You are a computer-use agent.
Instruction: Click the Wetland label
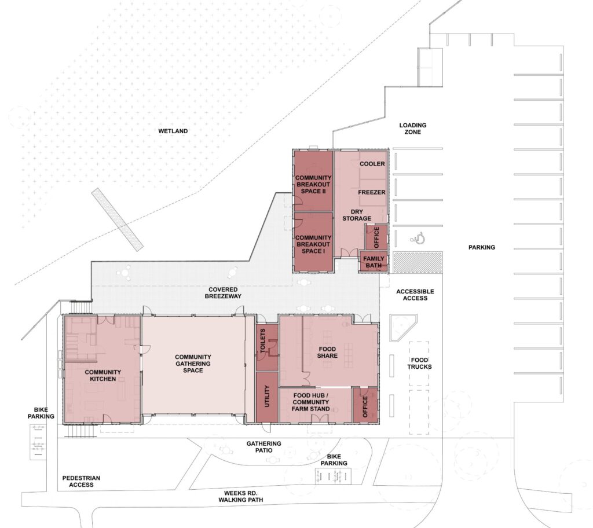[x=173, y=131]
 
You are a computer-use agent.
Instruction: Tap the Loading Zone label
[x=412, y=129]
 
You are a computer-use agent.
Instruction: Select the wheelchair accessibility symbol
[x=418, y=239]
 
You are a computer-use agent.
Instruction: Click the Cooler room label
[x=372, y=164]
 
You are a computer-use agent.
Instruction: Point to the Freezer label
[x=372, y=192]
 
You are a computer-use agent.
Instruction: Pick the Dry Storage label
[x=357, y=215]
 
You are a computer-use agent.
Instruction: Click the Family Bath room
[x=374, y=261]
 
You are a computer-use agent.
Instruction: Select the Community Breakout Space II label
[x=313, y=184]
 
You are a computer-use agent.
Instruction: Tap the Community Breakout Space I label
[x=313, y=244]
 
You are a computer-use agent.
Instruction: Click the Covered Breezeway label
[x=223, y=293]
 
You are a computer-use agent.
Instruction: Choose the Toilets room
[x=267, y=347]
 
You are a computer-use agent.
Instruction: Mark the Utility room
[x=267, y=397]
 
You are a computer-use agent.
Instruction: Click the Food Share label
[x=327, y=352]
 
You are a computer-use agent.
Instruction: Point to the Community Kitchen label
[x=103, y=375]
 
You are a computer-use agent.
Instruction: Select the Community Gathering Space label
[x=193, y=364]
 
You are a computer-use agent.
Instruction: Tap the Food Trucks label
[x=419, y=364]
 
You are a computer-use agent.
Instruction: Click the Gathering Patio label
[x=263, y=447]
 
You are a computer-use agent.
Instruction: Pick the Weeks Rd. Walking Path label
[x=240, y=496]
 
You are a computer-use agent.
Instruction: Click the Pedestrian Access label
[x=81, y=481]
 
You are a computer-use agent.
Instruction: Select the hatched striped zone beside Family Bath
[x=418, y=262]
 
